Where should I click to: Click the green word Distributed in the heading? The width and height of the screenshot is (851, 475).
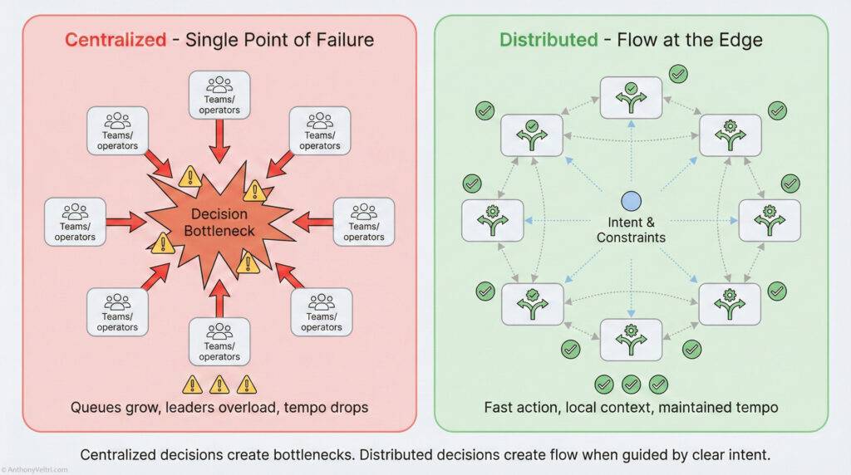pos(548,40)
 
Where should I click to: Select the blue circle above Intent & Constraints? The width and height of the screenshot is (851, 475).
pos(631,202)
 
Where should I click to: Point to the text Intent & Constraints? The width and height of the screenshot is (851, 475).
pos(631,230)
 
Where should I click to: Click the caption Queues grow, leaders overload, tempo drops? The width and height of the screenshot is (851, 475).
pos(219,408)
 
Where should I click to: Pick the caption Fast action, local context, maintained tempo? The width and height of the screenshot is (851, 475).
pos(631,408)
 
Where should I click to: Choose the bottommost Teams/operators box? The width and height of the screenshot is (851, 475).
pos(219,340)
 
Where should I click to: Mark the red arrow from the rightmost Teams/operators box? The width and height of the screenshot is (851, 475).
pos(312,221)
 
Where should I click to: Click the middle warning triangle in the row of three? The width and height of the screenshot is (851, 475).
pos(219,384)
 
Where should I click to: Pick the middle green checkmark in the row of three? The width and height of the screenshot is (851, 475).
pos(631,384)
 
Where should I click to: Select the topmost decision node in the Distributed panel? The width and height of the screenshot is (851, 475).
pos(631,97)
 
